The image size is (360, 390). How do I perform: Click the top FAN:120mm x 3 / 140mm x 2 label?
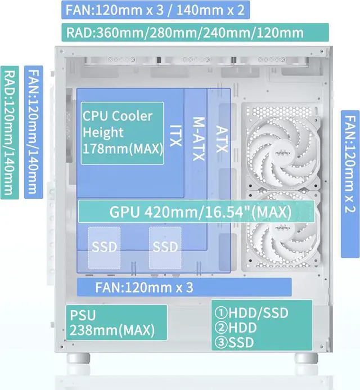(x=155, y=10)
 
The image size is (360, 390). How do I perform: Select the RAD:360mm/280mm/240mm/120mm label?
(x=195, y=32)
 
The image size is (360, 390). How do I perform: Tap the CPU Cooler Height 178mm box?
(x=122, y=133)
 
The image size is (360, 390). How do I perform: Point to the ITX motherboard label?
(x=175, y=136)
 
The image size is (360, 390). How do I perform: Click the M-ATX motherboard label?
(x=199, y=139)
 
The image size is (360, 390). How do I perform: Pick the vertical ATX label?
(x=222, y=139)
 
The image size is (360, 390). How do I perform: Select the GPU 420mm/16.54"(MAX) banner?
(x=196, y=212)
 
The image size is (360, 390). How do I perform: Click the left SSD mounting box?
(x=104, y=248)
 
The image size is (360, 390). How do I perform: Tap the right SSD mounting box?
(x=165, y=248)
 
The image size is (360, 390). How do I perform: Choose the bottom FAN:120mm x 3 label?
(x=184, y=287)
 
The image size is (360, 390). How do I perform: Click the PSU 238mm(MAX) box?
(x=116, y=322)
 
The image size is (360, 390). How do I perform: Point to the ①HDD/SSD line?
(x=251, y=313)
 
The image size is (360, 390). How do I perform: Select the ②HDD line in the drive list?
(x=236, y=328)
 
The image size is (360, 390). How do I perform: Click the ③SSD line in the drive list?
(x=234, y=342)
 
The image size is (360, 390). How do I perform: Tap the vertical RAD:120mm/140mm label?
(x=10, y=133)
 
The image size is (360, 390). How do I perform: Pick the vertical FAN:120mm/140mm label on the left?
(x=34, y=132)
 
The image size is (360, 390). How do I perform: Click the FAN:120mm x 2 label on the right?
(x=350, y=184)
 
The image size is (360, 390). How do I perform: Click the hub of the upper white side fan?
(x=283, y=153)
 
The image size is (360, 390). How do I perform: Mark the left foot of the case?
(x=78, y=358)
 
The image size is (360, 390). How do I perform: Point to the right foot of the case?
(x=306, y=358)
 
